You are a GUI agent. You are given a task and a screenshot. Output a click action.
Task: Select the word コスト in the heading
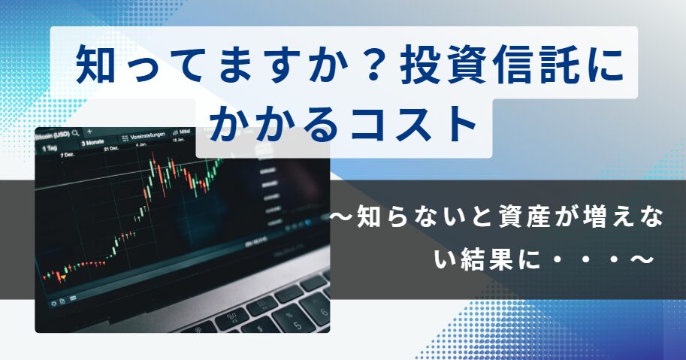[x=413, y=123]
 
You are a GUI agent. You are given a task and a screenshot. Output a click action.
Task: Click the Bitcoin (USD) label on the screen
[x=53, y=135]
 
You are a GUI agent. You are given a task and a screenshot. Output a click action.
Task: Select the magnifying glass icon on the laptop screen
[x=76, y=132]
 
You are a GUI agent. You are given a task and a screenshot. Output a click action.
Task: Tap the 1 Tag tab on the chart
[x=50, y=148]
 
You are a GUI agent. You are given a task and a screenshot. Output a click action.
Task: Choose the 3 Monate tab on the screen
[x=92, y=143]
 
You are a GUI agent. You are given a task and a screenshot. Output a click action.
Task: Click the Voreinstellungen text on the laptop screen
[x=148, y=135]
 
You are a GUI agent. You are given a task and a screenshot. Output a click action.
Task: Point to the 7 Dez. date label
[x=67, y=155]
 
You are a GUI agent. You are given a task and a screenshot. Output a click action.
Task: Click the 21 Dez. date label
[x=111, y=149]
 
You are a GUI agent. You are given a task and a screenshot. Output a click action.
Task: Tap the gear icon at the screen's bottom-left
[x=54, y=303]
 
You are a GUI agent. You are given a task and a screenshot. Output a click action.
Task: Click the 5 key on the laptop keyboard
[x=298, y=325]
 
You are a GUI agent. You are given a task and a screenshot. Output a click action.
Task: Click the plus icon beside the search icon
[x=89, y=132]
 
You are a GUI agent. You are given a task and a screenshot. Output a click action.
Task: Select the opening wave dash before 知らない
[x=342, y=217]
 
